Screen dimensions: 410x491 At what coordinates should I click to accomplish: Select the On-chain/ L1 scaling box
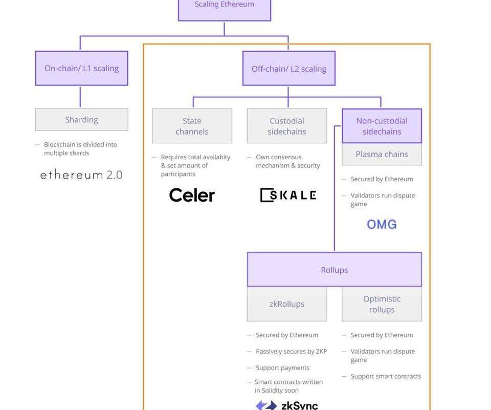point(81,68)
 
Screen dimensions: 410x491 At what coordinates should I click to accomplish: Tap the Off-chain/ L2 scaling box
point(288,69)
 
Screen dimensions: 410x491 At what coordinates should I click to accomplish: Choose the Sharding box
point(81,120)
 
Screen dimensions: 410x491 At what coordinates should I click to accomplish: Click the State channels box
point(192,126)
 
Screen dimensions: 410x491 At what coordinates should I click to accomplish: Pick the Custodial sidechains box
point(287,126)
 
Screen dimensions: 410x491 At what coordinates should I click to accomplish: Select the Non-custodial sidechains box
point(382,126)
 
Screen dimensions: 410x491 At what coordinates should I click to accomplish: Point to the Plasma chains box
point(382,154)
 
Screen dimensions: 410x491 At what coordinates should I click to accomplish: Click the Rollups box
point(334,270)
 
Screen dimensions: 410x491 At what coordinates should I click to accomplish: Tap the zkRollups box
point(287,304)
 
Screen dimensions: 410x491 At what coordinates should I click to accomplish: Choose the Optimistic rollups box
point(382,304)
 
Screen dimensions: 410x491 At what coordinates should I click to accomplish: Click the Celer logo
point(192,195)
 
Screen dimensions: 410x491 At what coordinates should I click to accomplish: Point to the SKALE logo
point(288,195)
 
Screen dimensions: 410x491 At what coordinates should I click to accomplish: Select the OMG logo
point(382,224)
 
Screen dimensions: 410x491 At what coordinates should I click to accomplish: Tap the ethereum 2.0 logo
point(81,175)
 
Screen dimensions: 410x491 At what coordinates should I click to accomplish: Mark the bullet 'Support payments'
point(282,368)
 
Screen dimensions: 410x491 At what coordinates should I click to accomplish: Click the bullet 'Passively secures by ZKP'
point(291,351)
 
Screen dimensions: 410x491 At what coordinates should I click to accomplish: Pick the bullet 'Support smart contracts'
point(386,376)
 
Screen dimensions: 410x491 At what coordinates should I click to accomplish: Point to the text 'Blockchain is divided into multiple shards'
point(80,148)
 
